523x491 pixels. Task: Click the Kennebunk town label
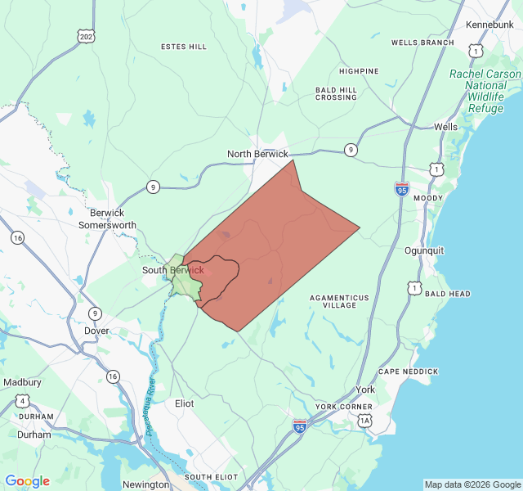pyautogui.click(x=489, y=25)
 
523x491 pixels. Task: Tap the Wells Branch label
pyautogui.click(x=422, y=43)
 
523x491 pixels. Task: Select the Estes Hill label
pyautogui.click(x=184, y=47)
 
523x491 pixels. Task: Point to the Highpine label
pyautogui.click(x=359, y=71)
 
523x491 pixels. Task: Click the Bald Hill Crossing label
pyautogui.click(x=337, y=93)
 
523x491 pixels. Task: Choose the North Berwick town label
pyautogui.click(x=257, y=154)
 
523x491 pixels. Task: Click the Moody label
pyautogui.click(x=429, y=198)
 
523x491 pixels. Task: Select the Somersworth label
pyautogui.click(x=107, y=225)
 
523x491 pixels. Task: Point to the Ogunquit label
pyautogui.click(x=425, y=250)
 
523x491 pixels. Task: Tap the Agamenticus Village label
pyautogui.click(x=339, y=301)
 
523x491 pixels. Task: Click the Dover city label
pyautogui.click(x=96, y=331)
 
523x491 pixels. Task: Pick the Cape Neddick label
pyautogui.click(x=409, y=372)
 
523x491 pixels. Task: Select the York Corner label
pyautogui.click(x=344, y=407)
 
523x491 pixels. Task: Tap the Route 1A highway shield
pyautogui.click(x=365, y=421)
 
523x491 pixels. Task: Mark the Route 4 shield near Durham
pyautogui.click(x=23, y=401)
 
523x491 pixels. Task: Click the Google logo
pyautogui.click(x=27, y=481)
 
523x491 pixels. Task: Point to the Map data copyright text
pyautogui.click(x=472, y=484)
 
